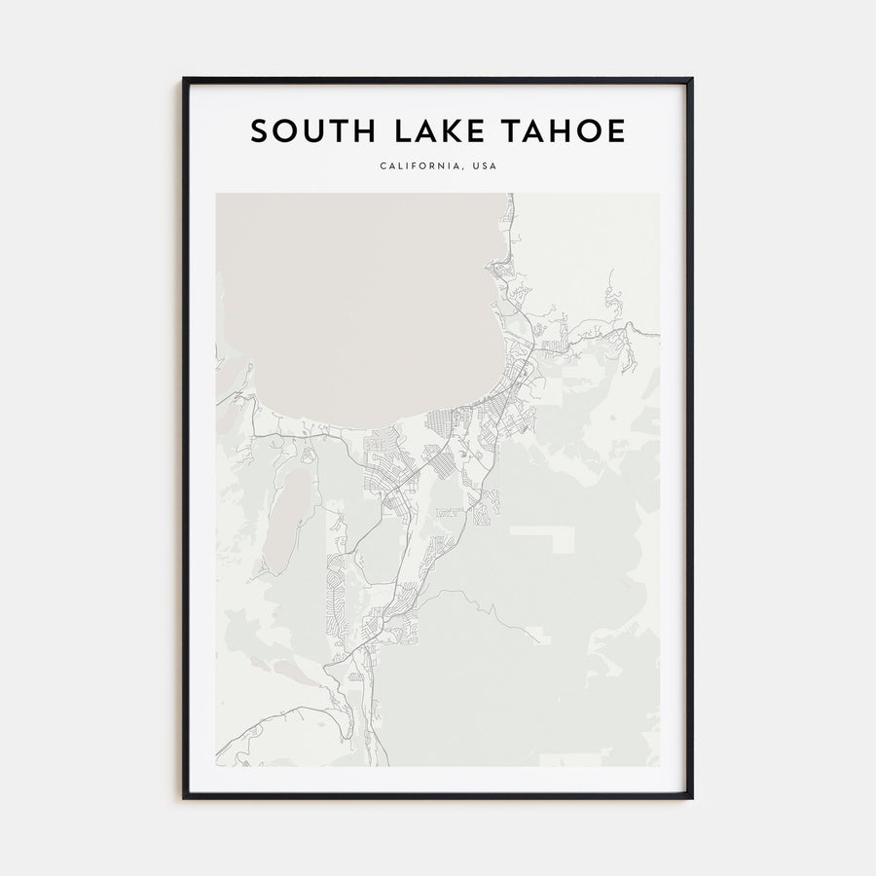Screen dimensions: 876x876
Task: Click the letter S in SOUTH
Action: pyautogui.click(x=259, y=131)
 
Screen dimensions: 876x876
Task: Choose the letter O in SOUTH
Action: pyautogui.click(x=283, y=131)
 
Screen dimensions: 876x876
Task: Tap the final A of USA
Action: pyautogui.click(x=493, y=166)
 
